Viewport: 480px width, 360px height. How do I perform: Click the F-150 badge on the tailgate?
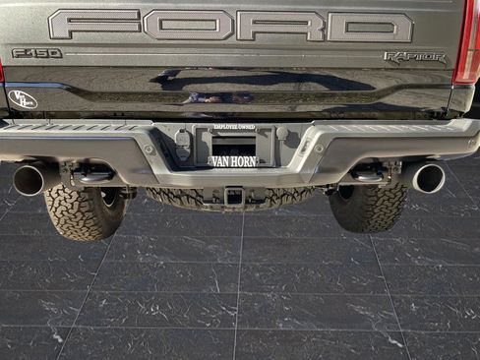36,53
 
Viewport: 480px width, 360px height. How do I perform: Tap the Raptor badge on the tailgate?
414,58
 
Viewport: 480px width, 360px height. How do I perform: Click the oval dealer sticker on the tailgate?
23,99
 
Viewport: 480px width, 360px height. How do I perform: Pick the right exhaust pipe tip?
428,178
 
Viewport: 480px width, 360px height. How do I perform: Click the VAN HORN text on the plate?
234,160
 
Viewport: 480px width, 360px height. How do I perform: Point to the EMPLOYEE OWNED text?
234,128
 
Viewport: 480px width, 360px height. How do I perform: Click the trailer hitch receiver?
234,196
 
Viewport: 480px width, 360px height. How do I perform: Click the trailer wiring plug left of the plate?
183,145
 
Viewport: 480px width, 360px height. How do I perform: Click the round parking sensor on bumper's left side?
148,150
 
